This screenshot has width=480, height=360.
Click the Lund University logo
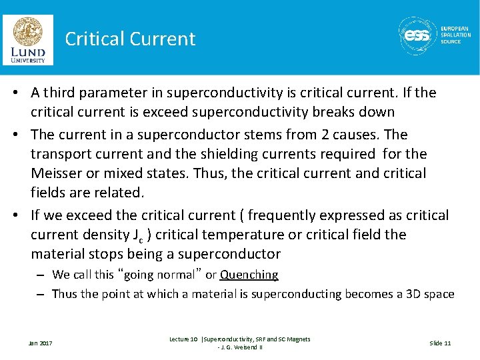pyautogui.click(x=28, y=39)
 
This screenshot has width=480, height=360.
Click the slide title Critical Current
pyautogui.click(x=130, y=39)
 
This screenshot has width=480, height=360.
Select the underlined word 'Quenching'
pyautogui.click(x=249, y=275)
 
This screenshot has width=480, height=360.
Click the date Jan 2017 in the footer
pyautogui.click(x=40, y=343)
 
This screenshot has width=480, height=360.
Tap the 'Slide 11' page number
pyautogui.click(x=440, y=343)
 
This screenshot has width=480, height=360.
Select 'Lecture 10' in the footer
pyautogui.click(x=183, y=339)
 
